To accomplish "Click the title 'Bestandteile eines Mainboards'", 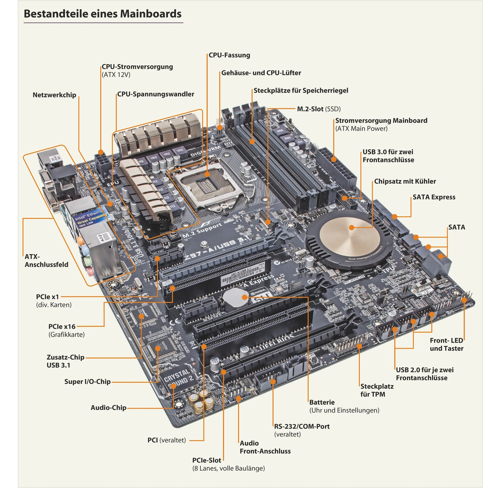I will tap(103, 14).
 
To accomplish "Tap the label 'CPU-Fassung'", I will tap(229, 55).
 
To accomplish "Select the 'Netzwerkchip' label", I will tap(54, 95).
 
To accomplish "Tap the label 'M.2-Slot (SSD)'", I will tap(318, 109).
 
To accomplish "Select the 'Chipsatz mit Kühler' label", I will tap(405, 181).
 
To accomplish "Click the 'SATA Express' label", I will tap(434, 197).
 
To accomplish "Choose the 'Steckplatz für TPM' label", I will tap(376, 390).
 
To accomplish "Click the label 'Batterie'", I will tap(322, 402).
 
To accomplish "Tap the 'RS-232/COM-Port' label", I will tap(302, 427).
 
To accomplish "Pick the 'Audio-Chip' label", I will tap(108, 408).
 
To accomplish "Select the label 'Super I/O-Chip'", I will tap(87, 382).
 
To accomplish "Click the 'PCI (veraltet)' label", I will tap(167, 440).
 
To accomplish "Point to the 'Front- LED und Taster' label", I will tap(446, 345).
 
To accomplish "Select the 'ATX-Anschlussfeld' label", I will tap(46, 261).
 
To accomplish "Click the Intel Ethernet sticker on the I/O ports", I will tap(90, 219).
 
